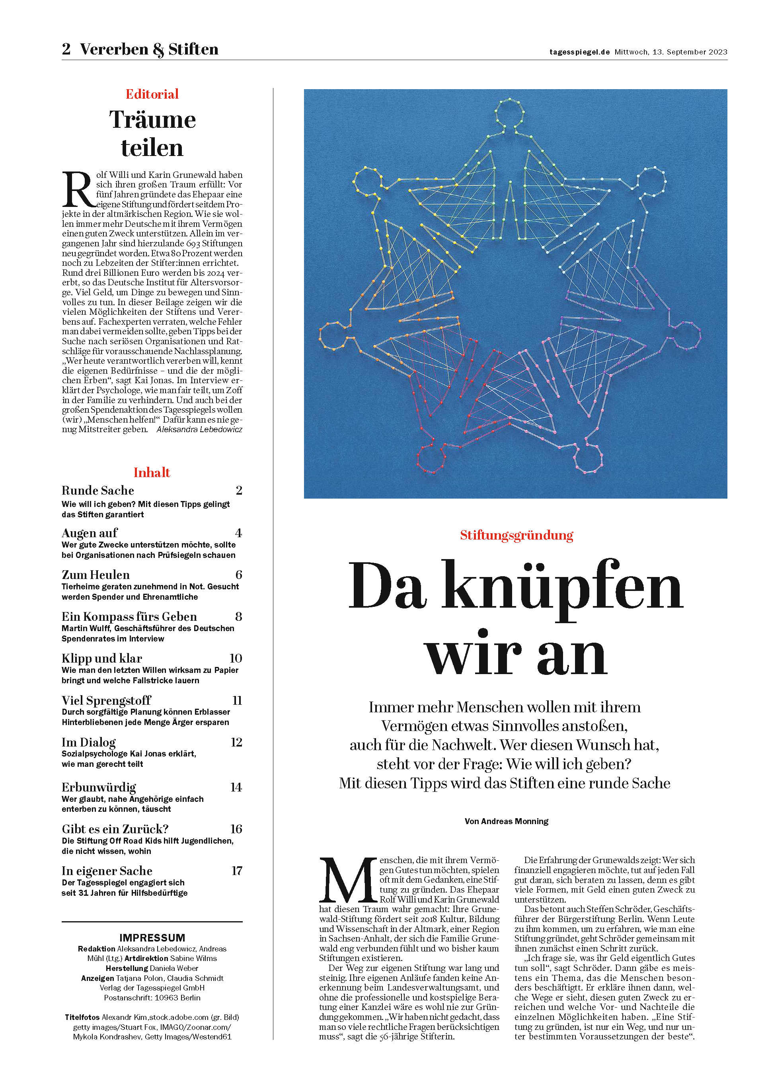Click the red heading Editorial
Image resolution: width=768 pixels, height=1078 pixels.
click(x=152, y=94)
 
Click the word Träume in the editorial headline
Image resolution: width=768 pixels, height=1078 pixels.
click(x=152, y=120)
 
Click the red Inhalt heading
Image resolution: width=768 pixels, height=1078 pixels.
click(x=151, y=472)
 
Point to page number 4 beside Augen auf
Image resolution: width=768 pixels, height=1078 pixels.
click(x=238, y=533)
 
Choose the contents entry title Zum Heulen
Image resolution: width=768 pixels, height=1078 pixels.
click(x=96, y=575)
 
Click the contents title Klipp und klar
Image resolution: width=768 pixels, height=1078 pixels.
click(x=102, y=658)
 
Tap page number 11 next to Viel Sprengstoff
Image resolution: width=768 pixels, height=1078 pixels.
click(x=237, y=700)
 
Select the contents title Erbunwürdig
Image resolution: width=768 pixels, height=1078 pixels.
click(x=99, y=787)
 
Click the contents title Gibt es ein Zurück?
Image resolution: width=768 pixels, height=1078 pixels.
click(x=115, y=829)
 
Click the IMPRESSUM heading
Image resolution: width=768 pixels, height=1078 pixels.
click(x=152, y=938)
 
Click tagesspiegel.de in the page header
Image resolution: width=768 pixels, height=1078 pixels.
click(x=579, y=52)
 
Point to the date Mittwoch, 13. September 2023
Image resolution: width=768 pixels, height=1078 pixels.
click(x=671, y=52)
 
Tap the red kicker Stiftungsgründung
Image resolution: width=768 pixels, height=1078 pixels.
click(x=517, y=535)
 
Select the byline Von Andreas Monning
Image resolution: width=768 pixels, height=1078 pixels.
click(x=506, y=821)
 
